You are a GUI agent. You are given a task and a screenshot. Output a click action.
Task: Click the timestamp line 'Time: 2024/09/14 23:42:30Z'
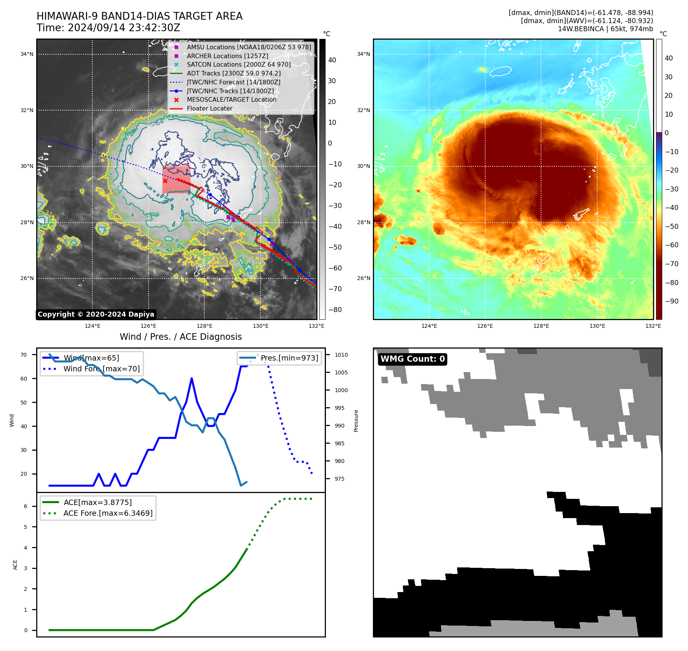[x=108, y=28]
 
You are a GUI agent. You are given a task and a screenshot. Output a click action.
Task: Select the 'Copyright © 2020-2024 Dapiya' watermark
[x=96, y=314]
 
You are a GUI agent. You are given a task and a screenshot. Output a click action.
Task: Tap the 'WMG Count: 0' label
[x=412, y=359]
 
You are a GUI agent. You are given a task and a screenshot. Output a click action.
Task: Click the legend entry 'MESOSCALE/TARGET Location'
[x=231, y=100]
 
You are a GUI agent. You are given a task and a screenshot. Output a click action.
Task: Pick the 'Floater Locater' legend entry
[x=209, y=109]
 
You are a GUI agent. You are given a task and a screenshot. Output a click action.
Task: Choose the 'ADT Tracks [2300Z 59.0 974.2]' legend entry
[x=234, y=74]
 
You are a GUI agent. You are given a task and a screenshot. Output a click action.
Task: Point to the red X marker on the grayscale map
[x=165, y=181]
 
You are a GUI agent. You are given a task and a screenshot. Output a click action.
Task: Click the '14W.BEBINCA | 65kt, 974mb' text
[x=605, y=29]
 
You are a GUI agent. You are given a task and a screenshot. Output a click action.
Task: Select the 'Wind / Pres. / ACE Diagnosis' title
[x=180, y=337]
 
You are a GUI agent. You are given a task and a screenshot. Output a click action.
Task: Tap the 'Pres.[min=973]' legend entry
[x=289, y=358]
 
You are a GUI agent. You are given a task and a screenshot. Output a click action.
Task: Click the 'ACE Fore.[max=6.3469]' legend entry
[x=108, y=513]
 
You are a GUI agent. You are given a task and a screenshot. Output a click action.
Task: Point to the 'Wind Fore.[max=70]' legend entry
[x=102, y=369]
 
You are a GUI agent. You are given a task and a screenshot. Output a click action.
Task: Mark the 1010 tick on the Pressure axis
[x=341, y=355]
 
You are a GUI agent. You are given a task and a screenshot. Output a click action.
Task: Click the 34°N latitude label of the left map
[x=27, y=54]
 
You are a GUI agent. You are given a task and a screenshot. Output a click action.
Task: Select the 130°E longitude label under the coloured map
[x=597, y=326]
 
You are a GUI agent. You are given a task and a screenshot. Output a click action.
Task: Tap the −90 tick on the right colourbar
[x=672, y=301]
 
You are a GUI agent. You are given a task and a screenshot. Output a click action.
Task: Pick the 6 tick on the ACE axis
[x=26, y=506]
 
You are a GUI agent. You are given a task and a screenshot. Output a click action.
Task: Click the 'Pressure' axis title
[x=356, y=421]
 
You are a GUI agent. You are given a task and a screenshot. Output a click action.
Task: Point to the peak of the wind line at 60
[x=192, y=379]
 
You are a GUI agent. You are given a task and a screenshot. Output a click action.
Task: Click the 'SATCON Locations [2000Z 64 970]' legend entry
[x=239, y=65]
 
